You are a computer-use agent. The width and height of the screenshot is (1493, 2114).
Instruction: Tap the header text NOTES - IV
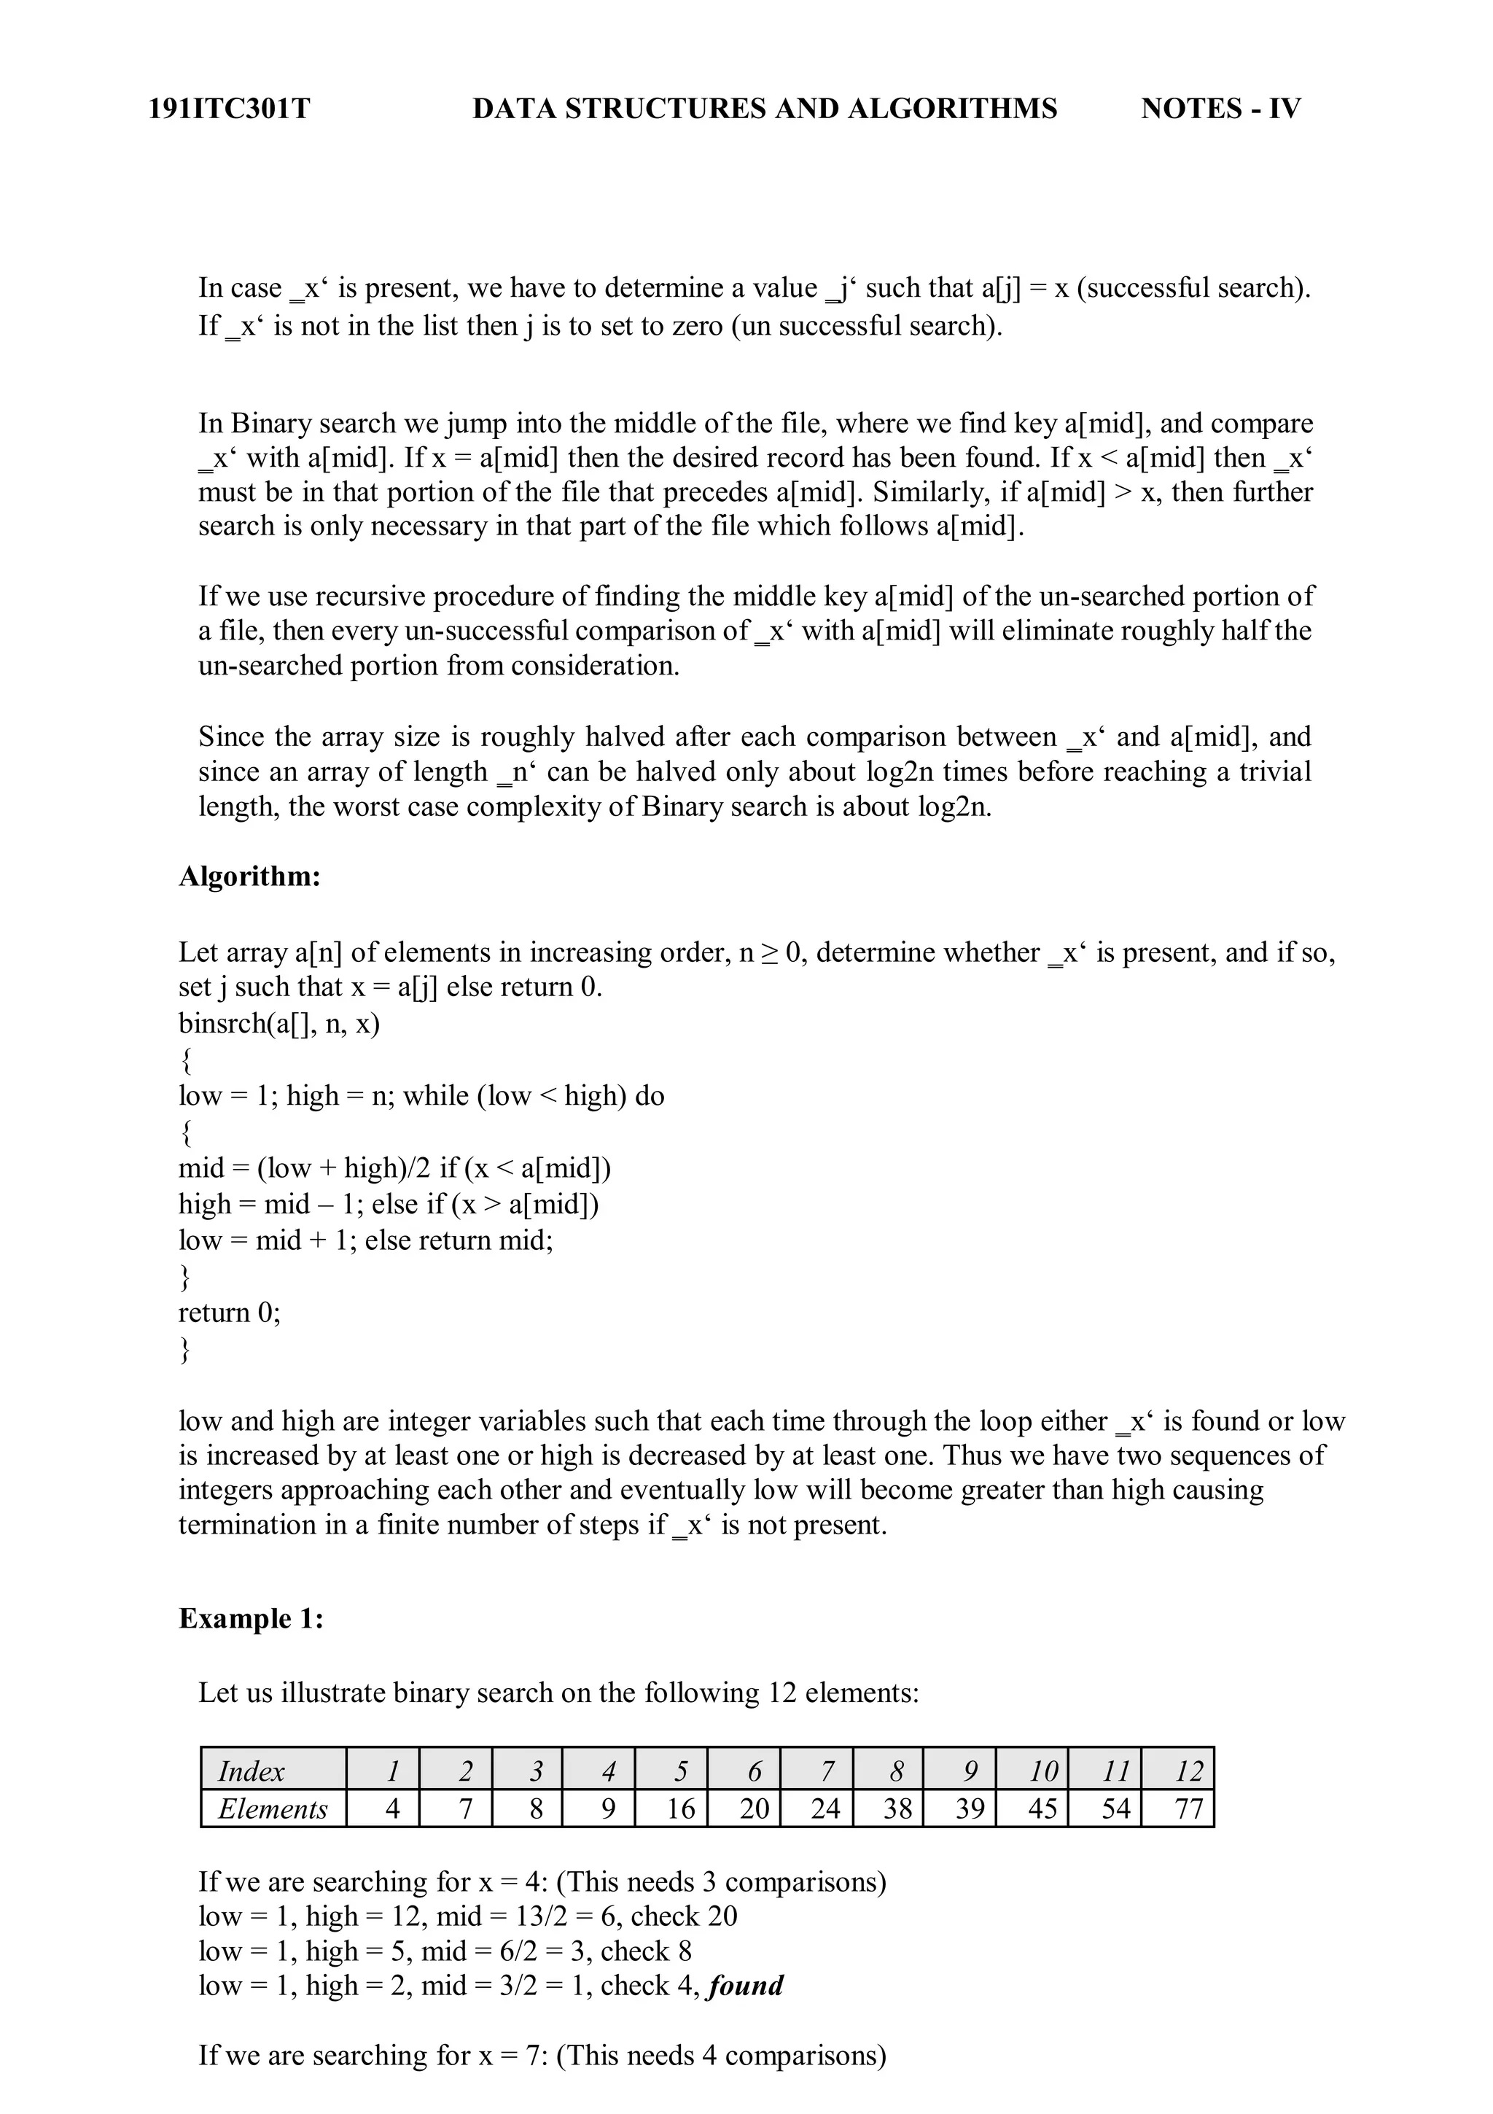[x=1220, y=109]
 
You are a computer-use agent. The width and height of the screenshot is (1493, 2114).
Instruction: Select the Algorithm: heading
[x=249, y=876]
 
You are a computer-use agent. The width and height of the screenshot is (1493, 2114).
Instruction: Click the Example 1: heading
[x=250, y=1644]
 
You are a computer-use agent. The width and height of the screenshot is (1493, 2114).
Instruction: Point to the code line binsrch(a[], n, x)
[x=279, y=1023]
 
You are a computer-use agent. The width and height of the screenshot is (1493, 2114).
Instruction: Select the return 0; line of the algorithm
[x=229, y=1311]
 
